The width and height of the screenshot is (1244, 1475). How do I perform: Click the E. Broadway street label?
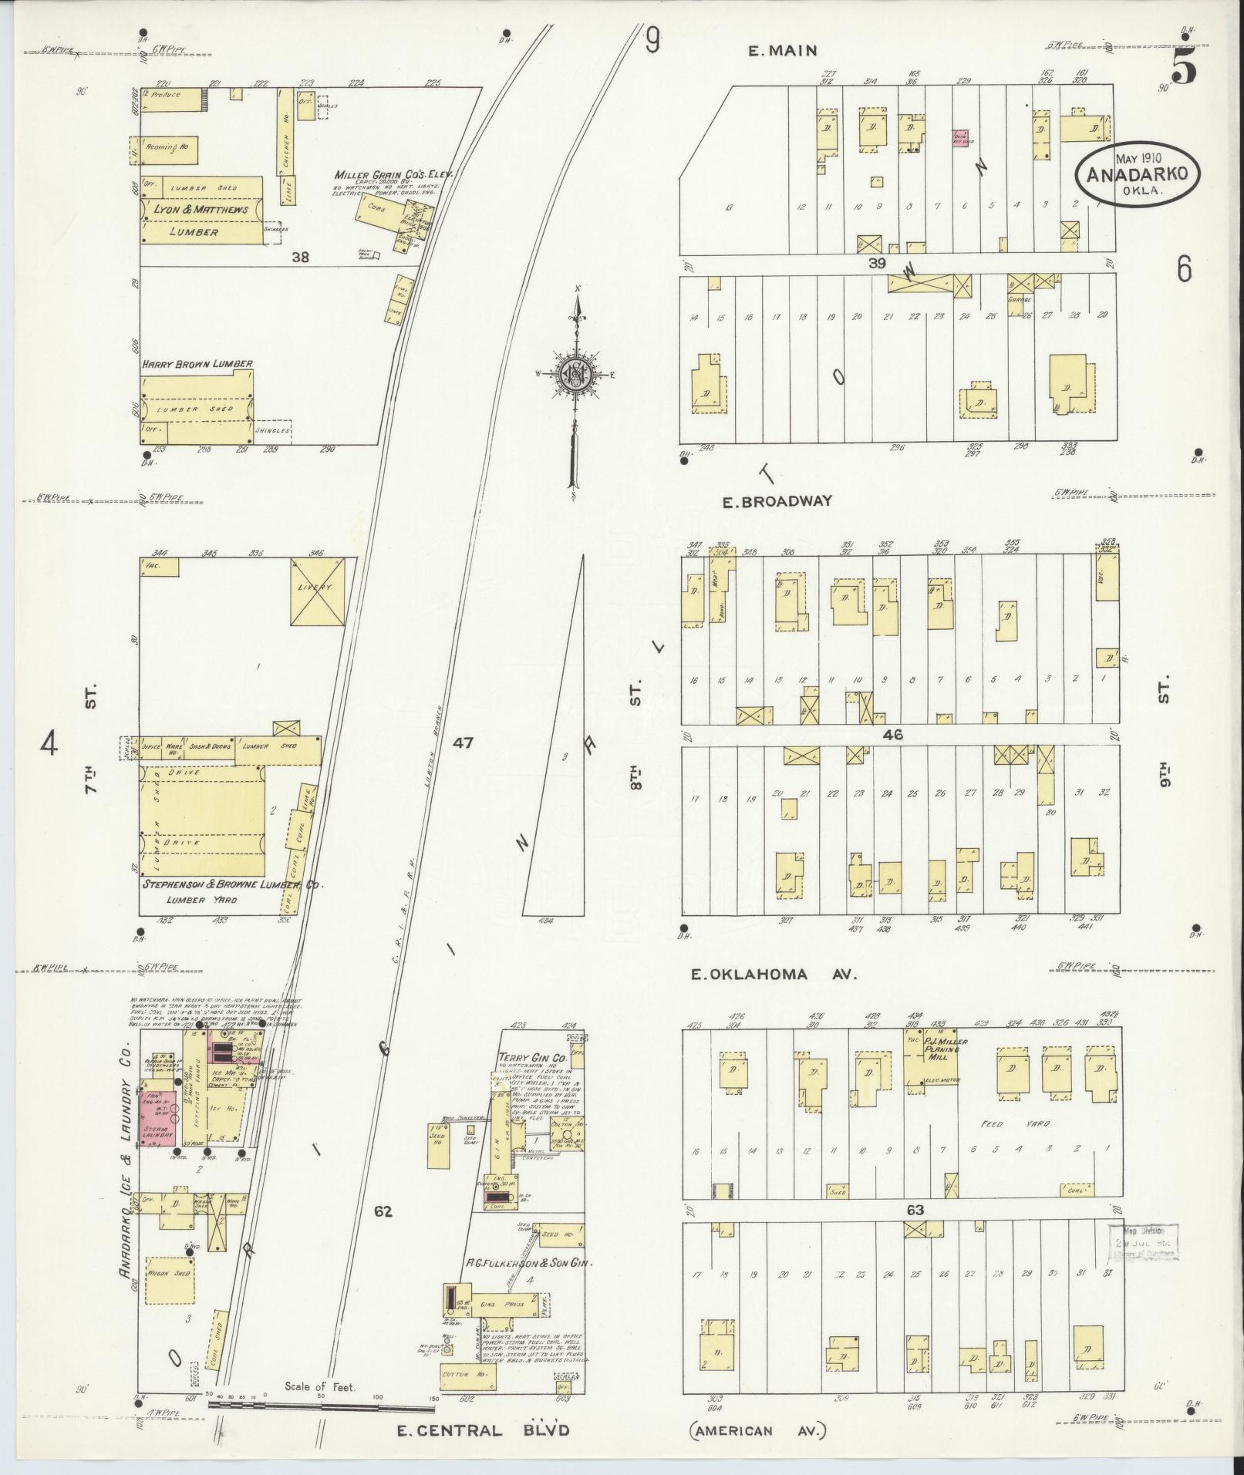pyautogui.click(x=777, y=501)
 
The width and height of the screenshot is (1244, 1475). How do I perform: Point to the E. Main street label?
pyautogui.click(x=782, y=51)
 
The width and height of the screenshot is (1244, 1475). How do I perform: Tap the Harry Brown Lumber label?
pyautogui.click(x=197, y=364)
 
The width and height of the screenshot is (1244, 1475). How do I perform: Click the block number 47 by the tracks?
pyautogui.click(x=463, y=743)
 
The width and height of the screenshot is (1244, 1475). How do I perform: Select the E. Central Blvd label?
pyautogui.click(x=483, y=1430)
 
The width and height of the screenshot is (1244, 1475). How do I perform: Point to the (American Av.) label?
pyautogui.click(x=757, y=1431)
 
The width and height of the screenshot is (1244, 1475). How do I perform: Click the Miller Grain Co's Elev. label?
pyautogui.click(x=393, y=174)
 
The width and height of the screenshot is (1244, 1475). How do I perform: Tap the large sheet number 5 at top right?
pyautogui.click(x=1183, y=69)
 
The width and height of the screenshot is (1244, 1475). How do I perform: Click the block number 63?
pyautogui.click(x=915, y=1210)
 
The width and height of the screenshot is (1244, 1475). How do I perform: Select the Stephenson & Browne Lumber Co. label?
pyautogui.click(x=231, y=886)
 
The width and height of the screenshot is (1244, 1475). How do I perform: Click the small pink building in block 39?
pyautogui.click(x=960, y=140)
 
